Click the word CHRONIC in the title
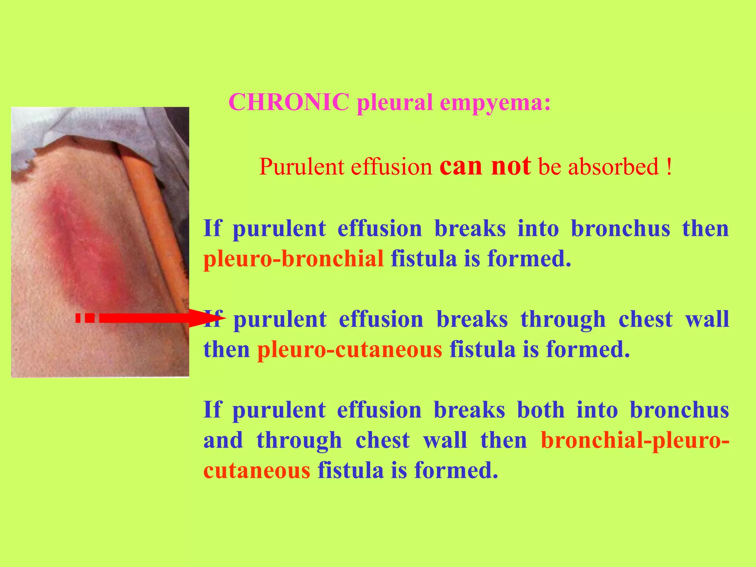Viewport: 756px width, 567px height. coord(289,102)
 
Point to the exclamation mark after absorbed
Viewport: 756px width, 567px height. coord(669,166)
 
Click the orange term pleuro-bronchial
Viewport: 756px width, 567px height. coord(293,258)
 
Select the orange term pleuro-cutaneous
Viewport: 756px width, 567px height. coord(349,349)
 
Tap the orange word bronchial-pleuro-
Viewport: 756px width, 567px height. coord(635,440)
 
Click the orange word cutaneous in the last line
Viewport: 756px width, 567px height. coord(257,471)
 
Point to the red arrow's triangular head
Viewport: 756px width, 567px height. coord(207,318)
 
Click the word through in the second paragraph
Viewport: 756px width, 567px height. coord(563,319)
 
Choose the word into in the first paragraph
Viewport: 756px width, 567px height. coord(538,228)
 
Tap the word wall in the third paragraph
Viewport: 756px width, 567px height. coord(445,440)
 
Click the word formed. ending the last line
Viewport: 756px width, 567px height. coord(456,471)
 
